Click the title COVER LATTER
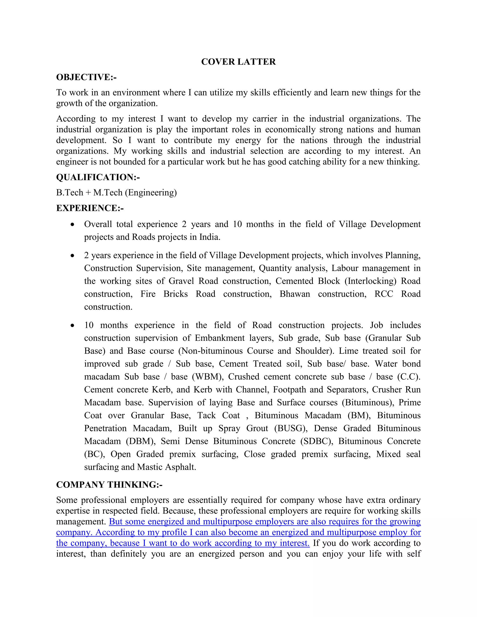238,62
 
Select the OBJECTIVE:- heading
86,77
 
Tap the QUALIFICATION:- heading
98,177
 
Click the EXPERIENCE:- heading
90,208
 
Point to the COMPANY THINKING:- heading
109,485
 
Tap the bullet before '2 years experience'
73,256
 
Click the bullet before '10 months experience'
73,325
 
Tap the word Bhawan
295,294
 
